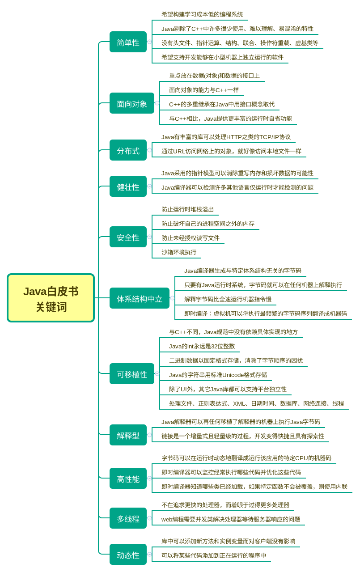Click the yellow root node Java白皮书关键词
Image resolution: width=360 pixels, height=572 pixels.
(x=51, y=298)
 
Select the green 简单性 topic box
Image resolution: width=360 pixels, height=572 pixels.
(x=128, y=42)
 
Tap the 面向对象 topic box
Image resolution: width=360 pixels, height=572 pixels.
(x=132, y=103)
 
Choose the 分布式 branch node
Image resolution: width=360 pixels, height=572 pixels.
(x=128, y=150)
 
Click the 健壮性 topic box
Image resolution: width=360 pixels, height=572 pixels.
(x=128, y=186)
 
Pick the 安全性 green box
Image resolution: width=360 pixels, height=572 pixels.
(x=128, y=237)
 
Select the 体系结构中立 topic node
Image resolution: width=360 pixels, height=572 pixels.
(x=140, y=298)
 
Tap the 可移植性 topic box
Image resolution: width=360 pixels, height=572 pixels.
(x=132, y=374)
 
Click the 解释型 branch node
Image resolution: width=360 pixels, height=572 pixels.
(x=128, y=435)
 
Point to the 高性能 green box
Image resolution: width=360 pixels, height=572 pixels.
(x=128, y=479)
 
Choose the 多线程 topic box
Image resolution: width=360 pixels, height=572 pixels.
(x=128, y=518)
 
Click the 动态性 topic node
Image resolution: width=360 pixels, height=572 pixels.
(x=128, y=555)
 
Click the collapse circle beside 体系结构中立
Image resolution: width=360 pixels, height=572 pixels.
(x=172, y=298)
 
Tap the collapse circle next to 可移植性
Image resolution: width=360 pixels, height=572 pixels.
(x=157, y=373)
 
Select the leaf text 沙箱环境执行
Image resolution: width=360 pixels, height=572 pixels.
(x=179, y=252)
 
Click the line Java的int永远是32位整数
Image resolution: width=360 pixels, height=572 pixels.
(x=202, y=346)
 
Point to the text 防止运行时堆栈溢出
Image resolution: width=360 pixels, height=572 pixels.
(x=187, y=209)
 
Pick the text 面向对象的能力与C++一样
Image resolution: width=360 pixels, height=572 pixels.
(x=204, y=90)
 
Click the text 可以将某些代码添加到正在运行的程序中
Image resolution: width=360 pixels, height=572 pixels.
(x=214, y=555)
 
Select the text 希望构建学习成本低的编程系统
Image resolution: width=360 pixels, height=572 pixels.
(x=202, y=14)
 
